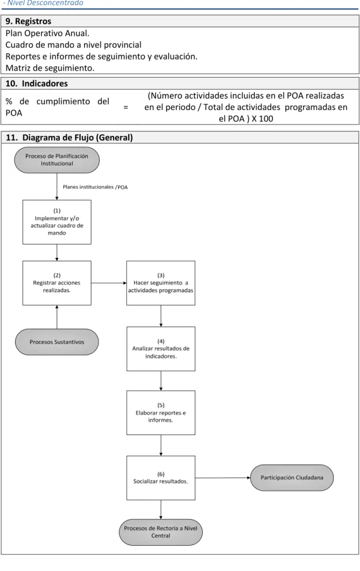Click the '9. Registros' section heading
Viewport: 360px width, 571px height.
[x=28, y=21]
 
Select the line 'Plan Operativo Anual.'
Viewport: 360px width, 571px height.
[x=47, y=33]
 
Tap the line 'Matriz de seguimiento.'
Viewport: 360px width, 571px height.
[x=50, y=68]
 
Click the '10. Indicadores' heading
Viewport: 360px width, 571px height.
[x=36, y=83]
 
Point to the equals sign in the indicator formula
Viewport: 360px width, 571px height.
[x=126, y=107]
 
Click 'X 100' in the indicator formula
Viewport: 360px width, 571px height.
[x=262, y=119]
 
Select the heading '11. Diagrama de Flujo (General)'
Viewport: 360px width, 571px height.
[x=69, y=138]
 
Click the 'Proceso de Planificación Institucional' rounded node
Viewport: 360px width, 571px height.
[x=57, y=160]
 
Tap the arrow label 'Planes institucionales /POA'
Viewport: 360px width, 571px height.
[x=95, y=187]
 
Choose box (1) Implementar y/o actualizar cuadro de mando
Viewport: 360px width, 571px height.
[x=57, y=222]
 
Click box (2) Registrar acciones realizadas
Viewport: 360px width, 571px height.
[x=57, y=283]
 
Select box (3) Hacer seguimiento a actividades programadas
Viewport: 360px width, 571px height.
[x=161, y=283]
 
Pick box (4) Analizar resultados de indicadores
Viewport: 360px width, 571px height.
[x=161, y=348]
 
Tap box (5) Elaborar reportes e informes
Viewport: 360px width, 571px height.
[x=161, y=413]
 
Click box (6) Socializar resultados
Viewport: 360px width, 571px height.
[x=161, y=478]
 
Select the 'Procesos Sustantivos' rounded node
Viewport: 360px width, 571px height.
[x=57, y=342]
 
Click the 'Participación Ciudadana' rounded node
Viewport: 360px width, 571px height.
[x=292, y=477]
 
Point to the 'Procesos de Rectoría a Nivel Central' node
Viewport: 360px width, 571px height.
[x=161, y=532]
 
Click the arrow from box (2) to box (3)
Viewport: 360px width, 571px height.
[x=109, y=283]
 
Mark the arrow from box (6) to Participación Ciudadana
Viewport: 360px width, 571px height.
[x=223, y=478]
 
